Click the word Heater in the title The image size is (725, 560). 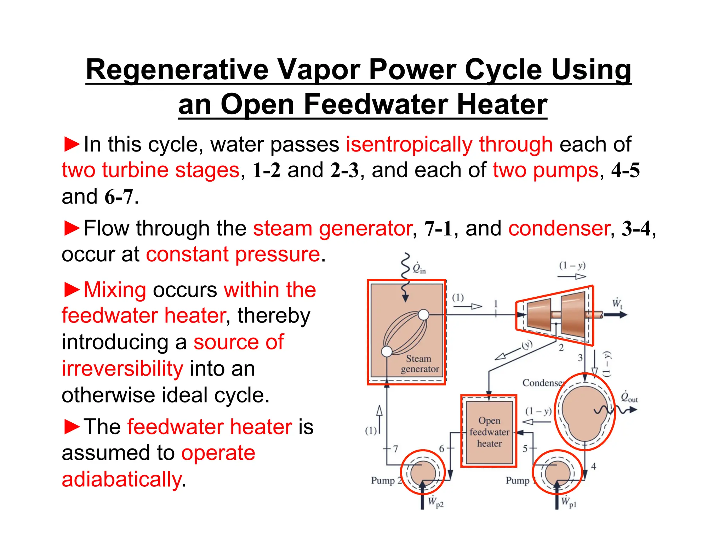[502, 104]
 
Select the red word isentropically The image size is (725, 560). [409, 144]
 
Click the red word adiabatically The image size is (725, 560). [121, 479]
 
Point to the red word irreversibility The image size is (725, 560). [122, 368]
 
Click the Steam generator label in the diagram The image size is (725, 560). [419, 364]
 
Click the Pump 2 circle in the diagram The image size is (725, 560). [423, 472]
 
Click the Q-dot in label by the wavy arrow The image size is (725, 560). [419, 268]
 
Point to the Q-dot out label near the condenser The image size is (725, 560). [629, 397]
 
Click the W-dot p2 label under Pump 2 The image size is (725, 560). [435, 502]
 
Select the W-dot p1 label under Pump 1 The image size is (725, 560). [569, 502]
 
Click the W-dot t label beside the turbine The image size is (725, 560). [617, 303]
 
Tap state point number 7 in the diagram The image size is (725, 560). [396, 449]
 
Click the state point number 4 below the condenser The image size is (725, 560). [594, 467]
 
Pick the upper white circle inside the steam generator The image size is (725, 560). [423, 314]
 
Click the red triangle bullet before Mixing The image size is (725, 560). [72, 290]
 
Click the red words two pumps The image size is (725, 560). [546, 170]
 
